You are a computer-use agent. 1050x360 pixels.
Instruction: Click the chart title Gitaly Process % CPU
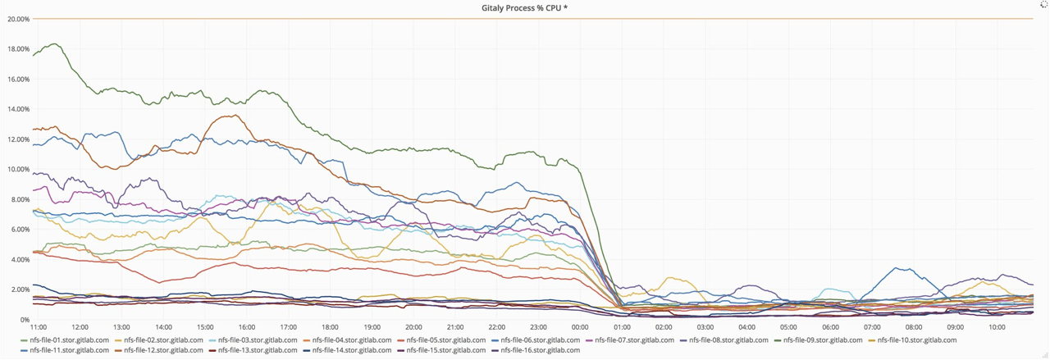(524, 8)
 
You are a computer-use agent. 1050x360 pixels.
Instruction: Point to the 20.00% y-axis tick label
(18, 19)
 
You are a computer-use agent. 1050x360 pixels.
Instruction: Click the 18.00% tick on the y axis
(18, 49)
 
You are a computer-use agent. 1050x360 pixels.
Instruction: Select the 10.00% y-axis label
(18, 170)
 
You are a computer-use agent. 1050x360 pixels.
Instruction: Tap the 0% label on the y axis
(25, 320)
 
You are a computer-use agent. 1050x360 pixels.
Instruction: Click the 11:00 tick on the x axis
(38, 327)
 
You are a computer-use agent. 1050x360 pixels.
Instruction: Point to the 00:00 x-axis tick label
(580, 327)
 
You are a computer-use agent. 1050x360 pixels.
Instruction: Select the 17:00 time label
(288, 327)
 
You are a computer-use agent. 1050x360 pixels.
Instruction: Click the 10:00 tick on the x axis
(997, 327)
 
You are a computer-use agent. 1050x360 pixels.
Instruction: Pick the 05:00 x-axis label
(788, 327)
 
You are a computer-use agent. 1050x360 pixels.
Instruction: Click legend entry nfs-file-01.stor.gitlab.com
(69, 340)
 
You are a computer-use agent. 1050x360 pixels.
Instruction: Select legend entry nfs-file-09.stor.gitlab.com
(823, 340)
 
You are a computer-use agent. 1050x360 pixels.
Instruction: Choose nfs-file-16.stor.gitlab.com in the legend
(540, 351)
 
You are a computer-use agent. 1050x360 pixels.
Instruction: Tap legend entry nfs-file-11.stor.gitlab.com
(69, 351)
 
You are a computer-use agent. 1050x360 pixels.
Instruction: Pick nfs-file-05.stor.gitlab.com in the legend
(445, 340)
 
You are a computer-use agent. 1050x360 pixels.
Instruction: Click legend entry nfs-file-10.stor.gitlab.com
(916, 340)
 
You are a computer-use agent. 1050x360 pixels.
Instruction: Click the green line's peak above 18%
(55, 44)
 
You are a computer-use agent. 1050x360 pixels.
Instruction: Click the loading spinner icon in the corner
(1043, 5)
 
